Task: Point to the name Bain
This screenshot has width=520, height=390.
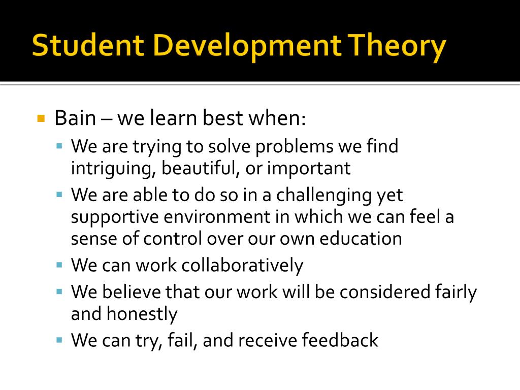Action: click(75, 119)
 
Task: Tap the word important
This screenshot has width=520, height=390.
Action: click(309, 168)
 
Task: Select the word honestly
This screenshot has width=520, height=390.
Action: click(142, 314)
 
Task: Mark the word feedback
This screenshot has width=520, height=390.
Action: click(340, 340)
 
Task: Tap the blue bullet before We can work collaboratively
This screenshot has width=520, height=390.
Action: click(59, 265)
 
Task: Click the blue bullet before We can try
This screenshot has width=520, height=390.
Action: click(59, 340)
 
